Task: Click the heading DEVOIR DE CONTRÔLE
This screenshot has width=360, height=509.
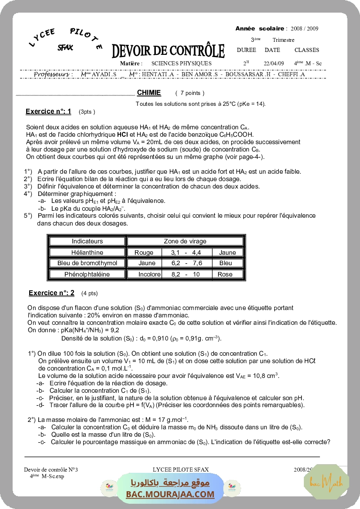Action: pyautogui.click(x=168, y=51)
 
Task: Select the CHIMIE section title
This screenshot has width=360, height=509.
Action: pyautogui.click(x=149, y=92)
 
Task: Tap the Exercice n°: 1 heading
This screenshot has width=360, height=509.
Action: pyautogui.click(x=48, y=111)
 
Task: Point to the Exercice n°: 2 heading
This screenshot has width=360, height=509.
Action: pyautogui.click(x=51, y=293)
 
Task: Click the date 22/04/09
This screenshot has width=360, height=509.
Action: pyautogui.click(x=274, y=63)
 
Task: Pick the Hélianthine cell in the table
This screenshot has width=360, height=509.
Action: pyautogui.click(x=87, y=252)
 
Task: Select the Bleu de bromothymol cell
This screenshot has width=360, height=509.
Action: pyautogui.click(x=87, y=263)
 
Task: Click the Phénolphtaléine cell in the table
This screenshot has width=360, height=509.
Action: pyautogui.click(x=87, y=274)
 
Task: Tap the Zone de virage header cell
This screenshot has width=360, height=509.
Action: pyautogui.click(x=185, y=241)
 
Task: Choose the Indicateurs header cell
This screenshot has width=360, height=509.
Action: pyautogui.click(x=87, y=241)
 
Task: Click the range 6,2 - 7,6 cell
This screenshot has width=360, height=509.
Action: pyautogui.click(x=186, y=263)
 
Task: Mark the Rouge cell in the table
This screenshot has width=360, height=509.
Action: pyautogui.click(x=144, y=252)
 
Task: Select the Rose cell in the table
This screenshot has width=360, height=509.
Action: pyautogui.click(x=225, y=274)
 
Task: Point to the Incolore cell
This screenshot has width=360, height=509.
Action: pyautogui.click(x=149, y=274)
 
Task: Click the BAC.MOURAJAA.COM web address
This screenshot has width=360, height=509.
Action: pyautogui.click(x=170, y=494)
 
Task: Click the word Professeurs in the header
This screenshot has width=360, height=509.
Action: pyautogui.click(x=53, y=74)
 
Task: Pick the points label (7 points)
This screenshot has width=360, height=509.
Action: pyautogui.click(x=190, y=93)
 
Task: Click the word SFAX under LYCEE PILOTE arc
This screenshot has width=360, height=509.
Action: pyautogui.click(x=65, y=47)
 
